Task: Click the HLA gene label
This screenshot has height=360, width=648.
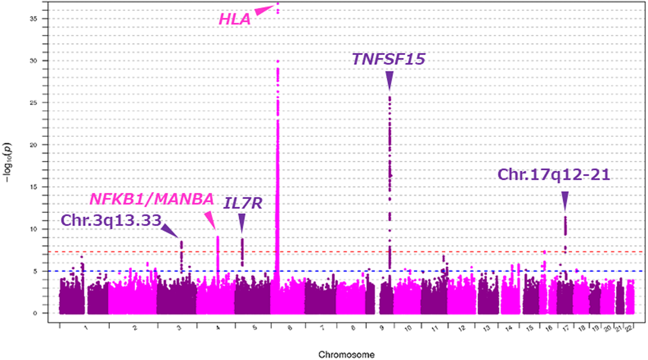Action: tap(235, 20)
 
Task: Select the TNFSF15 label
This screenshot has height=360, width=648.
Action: tap(389, 59)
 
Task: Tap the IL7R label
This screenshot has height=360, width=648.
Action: tap(243, 203)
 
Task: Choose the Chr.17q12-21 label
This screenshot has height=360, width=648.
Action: tap(554, 174)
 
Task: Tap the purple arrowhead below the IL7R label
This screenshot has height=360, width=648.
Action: tap(242, 223)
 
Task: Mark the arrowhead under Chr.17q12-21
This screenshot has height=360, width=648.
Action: tap(565, 200)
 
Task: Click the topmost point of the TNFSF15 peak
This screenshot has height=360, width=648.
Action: tap(390, 97)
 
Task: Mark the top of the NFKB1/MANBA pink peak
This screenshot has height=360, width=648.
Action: tap(218, 237)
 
